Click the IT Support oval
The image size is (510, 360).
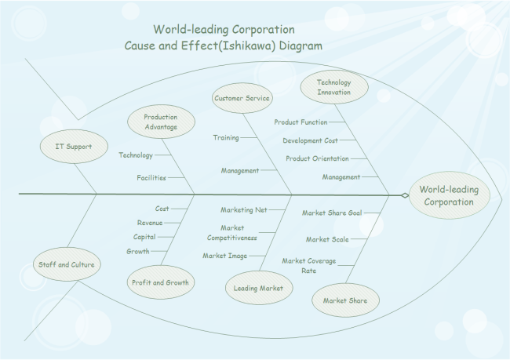click(x=74, y=147)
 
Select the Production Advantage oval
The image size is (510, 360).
click(x=160, y=122)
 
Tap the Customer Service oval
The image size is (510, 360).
click(x=242, y=98)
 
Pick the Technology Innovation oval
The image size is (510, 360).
click(x=333, y=87)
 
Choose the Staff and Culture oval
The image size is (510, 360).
click(x=67, y=264)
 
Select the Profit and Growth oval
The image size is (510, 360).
click(x=160, y=282)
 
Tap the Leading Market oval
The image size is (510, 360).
click(x=258, y=288)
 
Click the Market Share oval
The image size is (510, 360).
click(x=345, y=300)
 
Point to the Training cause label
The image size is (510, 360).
click(x=226, y=137)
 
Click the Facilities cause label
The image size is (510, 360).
click(x=151, y=178)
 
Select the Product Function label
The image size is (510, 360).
click(x=301, y=122)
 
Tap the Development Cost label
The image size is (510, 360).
click(x=310, y=140)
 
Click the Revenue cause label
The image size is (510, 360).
click(x=150, y=223)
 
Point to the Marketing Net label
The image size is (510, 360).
click(x=244, y=210)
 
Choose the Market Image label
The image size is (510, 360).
click(x=224, y=256)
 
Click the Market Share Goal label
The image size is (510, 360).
click(x=332, y=213)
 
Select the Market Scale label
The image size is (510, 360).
click(x=327, y=239)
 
